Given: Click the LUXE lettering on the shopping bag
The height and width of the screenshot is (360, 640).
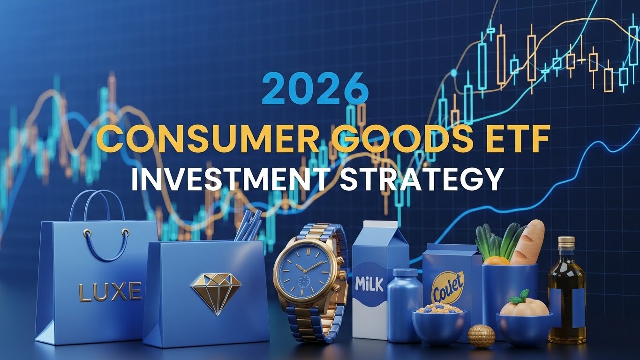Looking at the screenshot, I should pyautogui.click(x=110, y=292).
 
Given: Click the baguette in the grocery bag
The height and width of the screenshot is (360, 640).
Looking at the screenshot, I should pyautogui.click(x=528, y=242).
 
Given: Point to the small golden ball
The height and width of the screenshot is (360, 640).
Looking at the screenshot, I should pyautogui.click(x=481, y=336).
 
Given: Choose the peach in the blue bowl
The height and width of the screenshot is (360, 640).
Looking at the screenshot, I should pyautogui.click(x=524, y=307).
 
